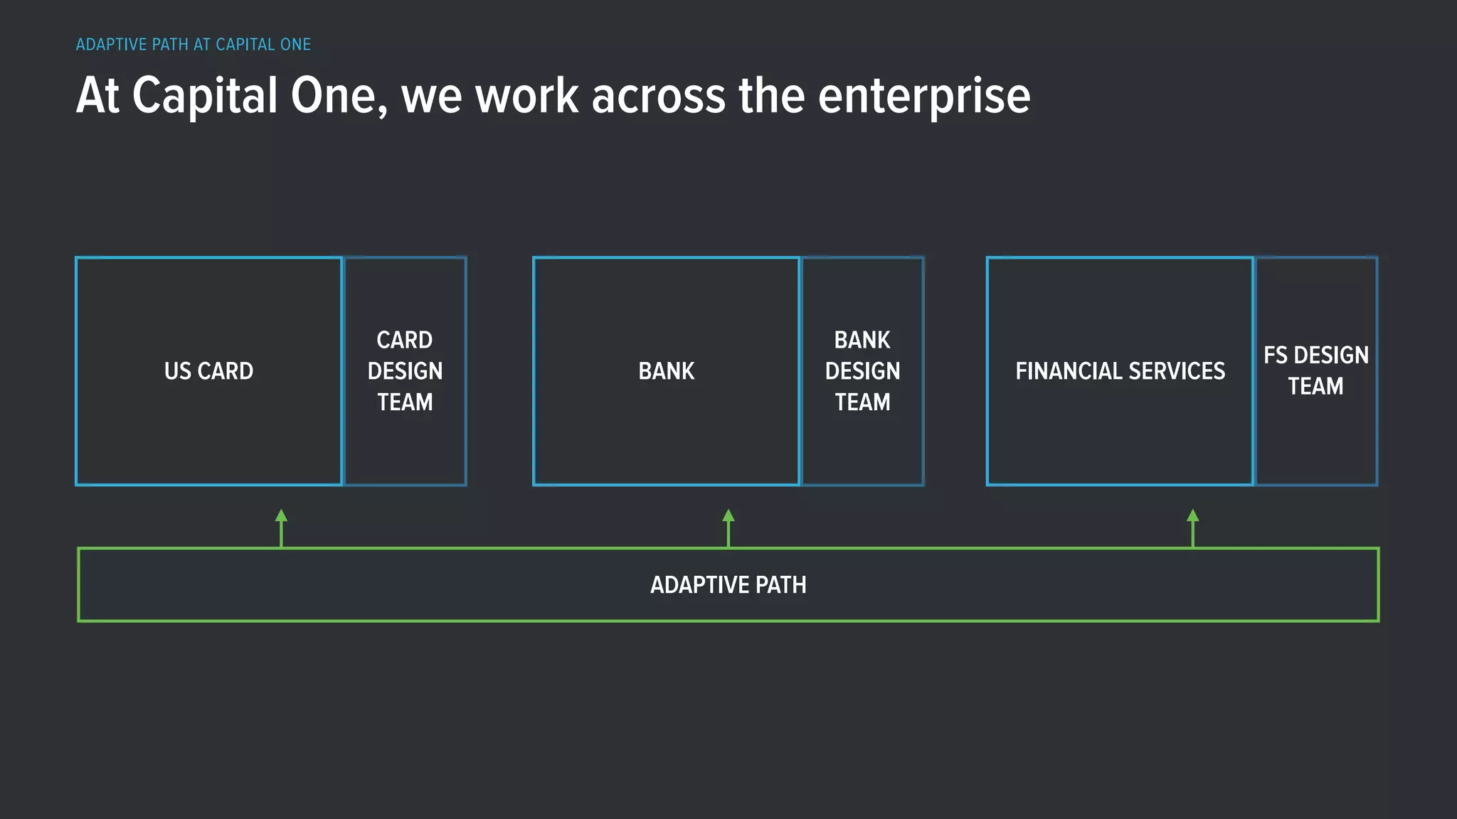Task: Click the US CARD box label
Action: [208, 371]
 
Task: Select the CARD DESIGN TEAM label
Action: [405, 371]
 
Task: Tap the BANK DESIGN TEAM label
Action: [862, 371]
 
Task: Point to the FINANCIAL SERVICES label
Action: [1120, 371]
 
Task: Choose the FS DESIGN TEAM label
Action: [1316, 370]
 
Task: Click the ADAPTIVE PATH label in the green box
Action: [728, 585]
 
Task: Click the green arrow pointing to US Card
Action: [282, 528]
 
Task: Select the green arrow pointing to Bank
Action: [728, 528]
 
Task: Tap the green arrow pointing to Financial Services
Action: [1193, 528]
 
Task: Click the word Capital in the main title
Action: [205, 96]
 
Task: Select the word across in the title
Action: [658, 96]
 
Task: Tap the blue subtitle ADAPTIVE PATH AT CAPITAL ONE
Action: [194, 45]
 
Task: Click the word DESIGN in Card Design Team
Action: [405, 371]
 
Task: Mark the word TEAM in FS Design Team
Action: [1315, 386]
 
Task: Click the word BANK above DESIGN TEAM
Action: [862, 340]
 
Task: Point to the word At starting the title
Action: [97, 96]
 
